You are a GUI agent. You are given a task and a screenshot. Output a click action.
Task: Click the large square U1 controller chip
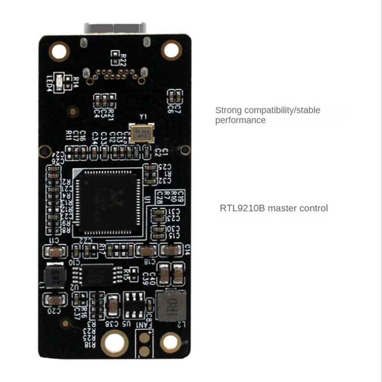tap(108, 203)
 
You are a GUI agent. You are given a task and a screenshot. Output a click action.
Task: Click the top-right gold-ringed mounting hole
tap(171, 49)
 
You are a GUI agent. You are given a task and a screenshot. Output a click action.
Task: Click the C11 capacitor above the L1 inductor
tap(56, 252)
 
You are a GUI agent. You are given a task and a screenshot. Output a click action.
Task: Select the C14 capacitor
tap(170, 250)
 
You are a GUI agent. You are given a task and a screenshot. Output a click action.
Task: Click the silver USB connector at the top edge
tap(115, 28)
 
